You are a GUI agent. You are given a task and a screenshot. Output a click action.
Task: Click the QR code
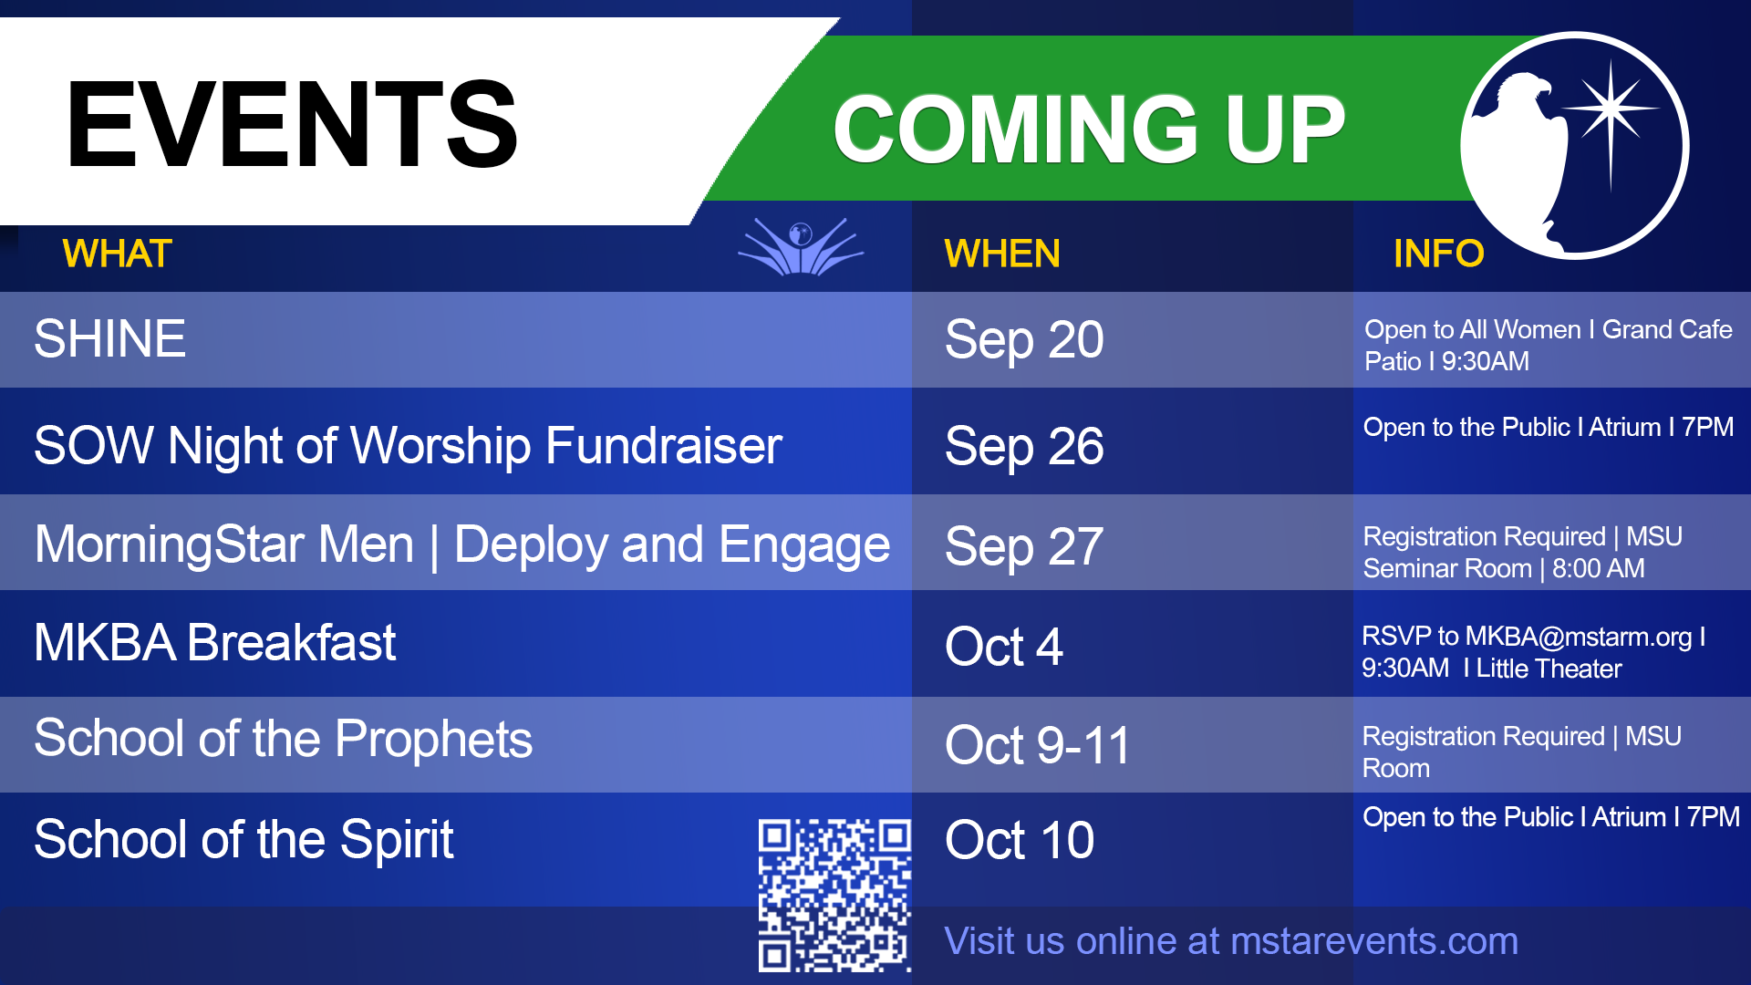click(834, 895)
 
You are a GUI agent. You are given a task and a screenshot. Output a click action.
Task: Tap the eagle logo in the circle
click(1575, 146)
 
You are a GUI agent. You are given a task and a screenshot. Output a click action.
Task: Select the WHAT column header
click(118, 254)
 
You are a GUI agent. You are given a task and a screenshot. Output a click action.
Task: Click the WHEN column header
click(1002, 254)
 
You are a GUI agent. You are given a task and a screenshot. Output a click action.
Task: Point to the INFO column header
click(1438, 254)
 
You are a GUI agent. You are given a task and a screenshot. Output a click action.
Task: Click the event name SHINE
click(110, 338)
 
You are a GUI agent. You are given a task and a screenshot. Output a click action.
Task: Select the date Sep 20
click(1024, 340)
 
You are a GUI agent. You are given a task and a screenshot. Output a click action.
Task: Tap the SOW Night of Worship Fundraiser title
click(409, 446)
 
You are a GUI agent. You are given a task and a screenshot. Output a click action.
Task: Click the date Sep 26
click(1024, 447)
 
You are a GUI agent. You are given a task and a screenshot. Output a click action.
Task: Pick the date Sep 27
click(1024, 547)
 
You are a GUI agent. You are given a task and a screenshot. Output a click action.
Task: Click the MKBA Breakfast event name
click(215, 643)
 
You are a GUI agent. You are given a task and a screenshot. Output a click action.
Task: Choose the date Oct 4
click(1004, 647)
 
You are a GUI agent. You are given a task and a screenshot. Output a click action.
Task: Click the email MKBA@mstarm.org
click(1579, 637)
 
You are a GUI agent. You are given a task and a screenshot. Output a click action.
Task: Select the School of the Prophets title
click(284, 739)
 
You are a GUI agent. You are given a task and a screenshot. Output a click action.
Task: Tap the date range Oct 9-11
click(1038, 745)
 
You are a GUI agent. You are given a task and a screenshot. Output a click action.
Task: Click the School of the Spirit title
click(244, 840)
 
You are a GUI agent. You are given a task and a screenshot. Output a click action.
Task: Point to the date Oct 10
click(1020, 840)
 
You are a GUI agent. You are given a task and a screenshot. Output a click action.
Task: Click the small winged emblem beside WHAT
click(801, 246)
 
